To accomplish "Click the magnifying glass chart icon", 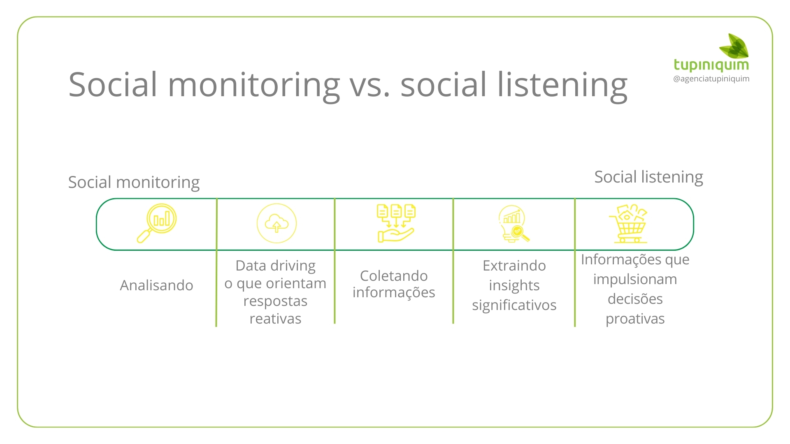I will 157,223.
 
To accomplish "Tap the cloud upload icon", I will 276,224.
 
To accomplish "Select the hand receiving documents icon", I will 396,223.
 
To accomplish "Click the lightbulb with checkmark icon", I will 513,224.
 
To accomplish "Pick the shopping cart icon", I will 628,224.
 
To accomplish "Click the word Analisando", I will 156,285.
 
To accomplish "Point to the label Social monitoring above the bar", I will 134,182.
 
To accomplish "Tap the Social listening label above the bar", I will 648,177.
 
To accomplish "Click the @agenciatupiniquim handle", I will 711,79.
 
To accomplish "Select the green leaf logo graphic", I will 734,46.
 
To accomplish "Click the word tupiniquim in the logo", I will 711,65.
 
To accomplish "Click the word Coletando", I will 394,276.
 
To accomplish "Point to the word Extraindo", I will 514,266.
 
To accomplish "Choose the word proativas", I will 635,319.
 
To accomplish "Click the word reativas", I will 275,319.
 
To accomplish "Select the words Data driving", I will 275,266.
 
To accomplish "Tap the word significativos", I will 514,305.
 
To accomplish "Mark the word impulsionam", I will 635,280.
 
